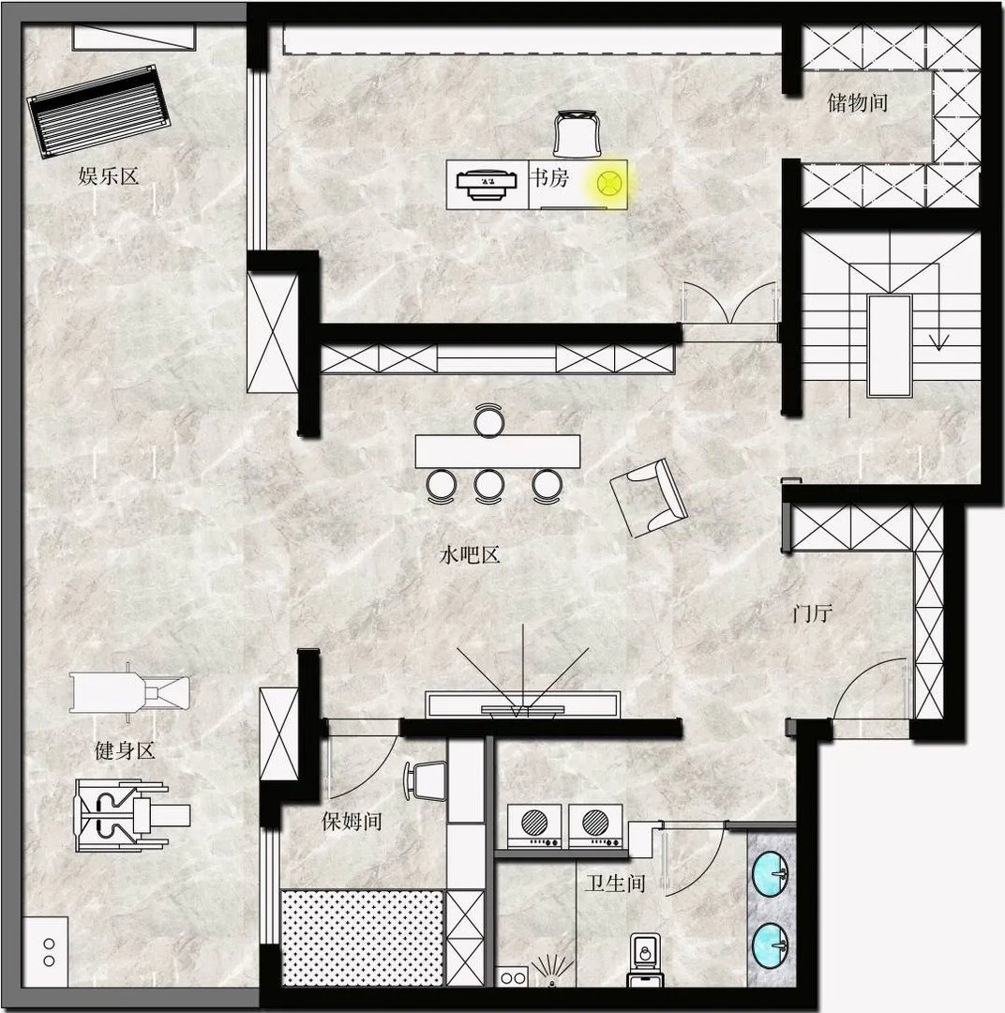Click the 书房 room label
(x=549, y=177)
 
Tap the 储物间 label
(x=857, y=102)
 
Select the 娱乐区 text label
(x=109, y=175)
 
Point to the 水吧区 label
(x=470, y=554)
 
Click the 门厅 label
(x=813, y=612)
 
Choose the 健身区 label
(x=125, y=750)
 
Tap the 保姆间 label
(x=352, y=821)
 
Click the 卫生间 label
(x=616, y=884)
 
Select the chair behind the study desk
(x=577, y=134)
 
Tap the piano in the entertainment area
(x=98, y=111)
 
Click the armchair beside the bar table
(x=649, y=497)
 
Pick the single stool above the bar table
(x=489, y=420)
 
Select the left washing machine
(x=534, y=825)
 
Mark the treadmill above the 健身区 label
(x=129, y=692)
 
